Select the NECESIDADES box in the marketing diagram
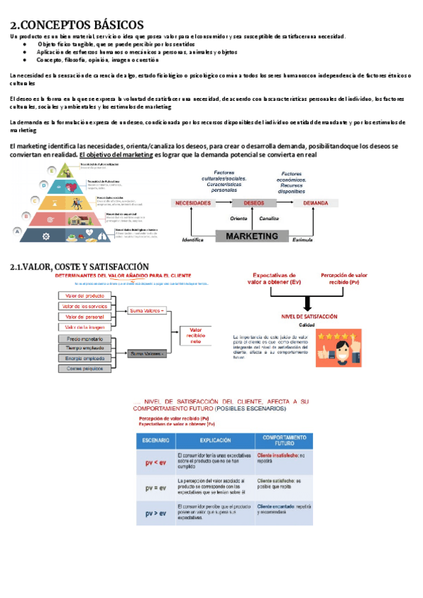[x=192, y=203]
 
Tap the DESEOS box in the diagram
[x=254, y=203]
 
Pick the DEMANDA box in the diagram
[x=315, y=203]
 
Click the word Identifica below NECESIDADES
[x=192, y=240]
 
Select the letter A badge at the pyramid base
[x=16, y=231]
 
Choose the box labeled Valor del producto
[x=85, y=295]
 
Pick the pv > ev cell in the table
[x=156, y=513]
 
